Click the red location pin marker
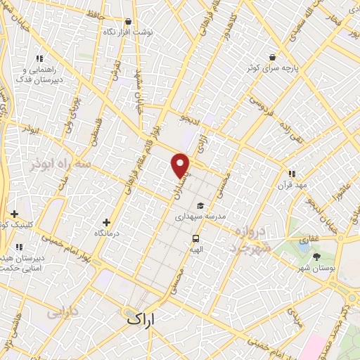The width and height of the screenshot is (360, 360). [181, 165]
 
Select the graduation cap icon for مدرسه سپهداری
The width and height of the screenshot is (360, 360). [200, 206]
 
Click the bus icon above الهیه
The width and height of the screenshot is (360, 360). [195, 238]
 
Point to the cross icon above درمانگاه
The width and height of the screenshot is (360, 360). [106, 222]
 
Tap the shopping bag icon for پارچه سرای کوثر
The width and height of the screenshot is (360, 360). [272, 57]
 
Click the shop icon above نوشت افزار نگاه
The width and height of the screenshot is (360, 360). [127, 22]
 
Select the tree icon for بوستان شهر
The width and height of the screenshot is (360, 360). [316, 257]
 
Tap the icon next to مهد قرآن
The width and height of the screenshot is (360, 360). [291, 174]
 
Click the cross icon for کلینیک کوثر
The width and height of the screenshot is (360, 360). [14, 214]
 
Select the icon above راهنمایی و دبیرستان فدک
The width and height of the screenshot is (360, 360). [39, 59]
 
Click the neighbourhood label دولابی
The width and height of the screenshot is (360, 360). [63, 311]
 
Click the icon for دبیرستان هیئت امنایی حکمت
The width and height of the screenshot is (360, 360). [19, 247]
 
